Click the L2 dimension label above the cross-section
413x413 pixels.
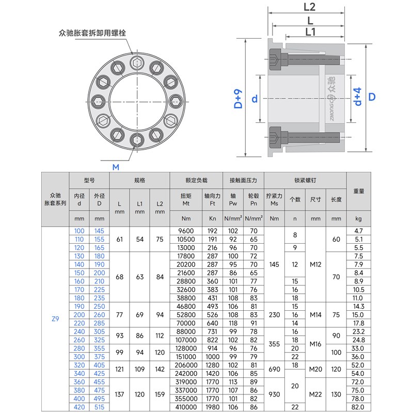[x=310, y=7]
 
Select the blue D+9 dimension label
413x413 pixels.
[x=238, y=99]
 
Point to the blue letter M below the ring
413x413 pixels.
[x=116, y=167]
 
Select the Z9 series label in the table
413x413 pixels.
[x=55, y=319]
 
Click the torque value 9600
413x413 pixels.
[x=185, y=231]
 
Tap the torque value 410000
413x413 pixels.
[x=185, y=407]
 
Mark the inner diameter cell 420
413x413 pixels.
[x=80, y=407]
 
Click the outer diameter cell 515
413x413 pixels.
[x=99, y=407]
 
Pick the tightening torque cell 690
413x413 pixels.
[x=274, y=369]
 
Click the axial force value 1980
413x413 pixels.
[x=213, y=407]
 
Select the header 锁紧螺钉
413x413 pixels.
[x=305, y=181]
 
